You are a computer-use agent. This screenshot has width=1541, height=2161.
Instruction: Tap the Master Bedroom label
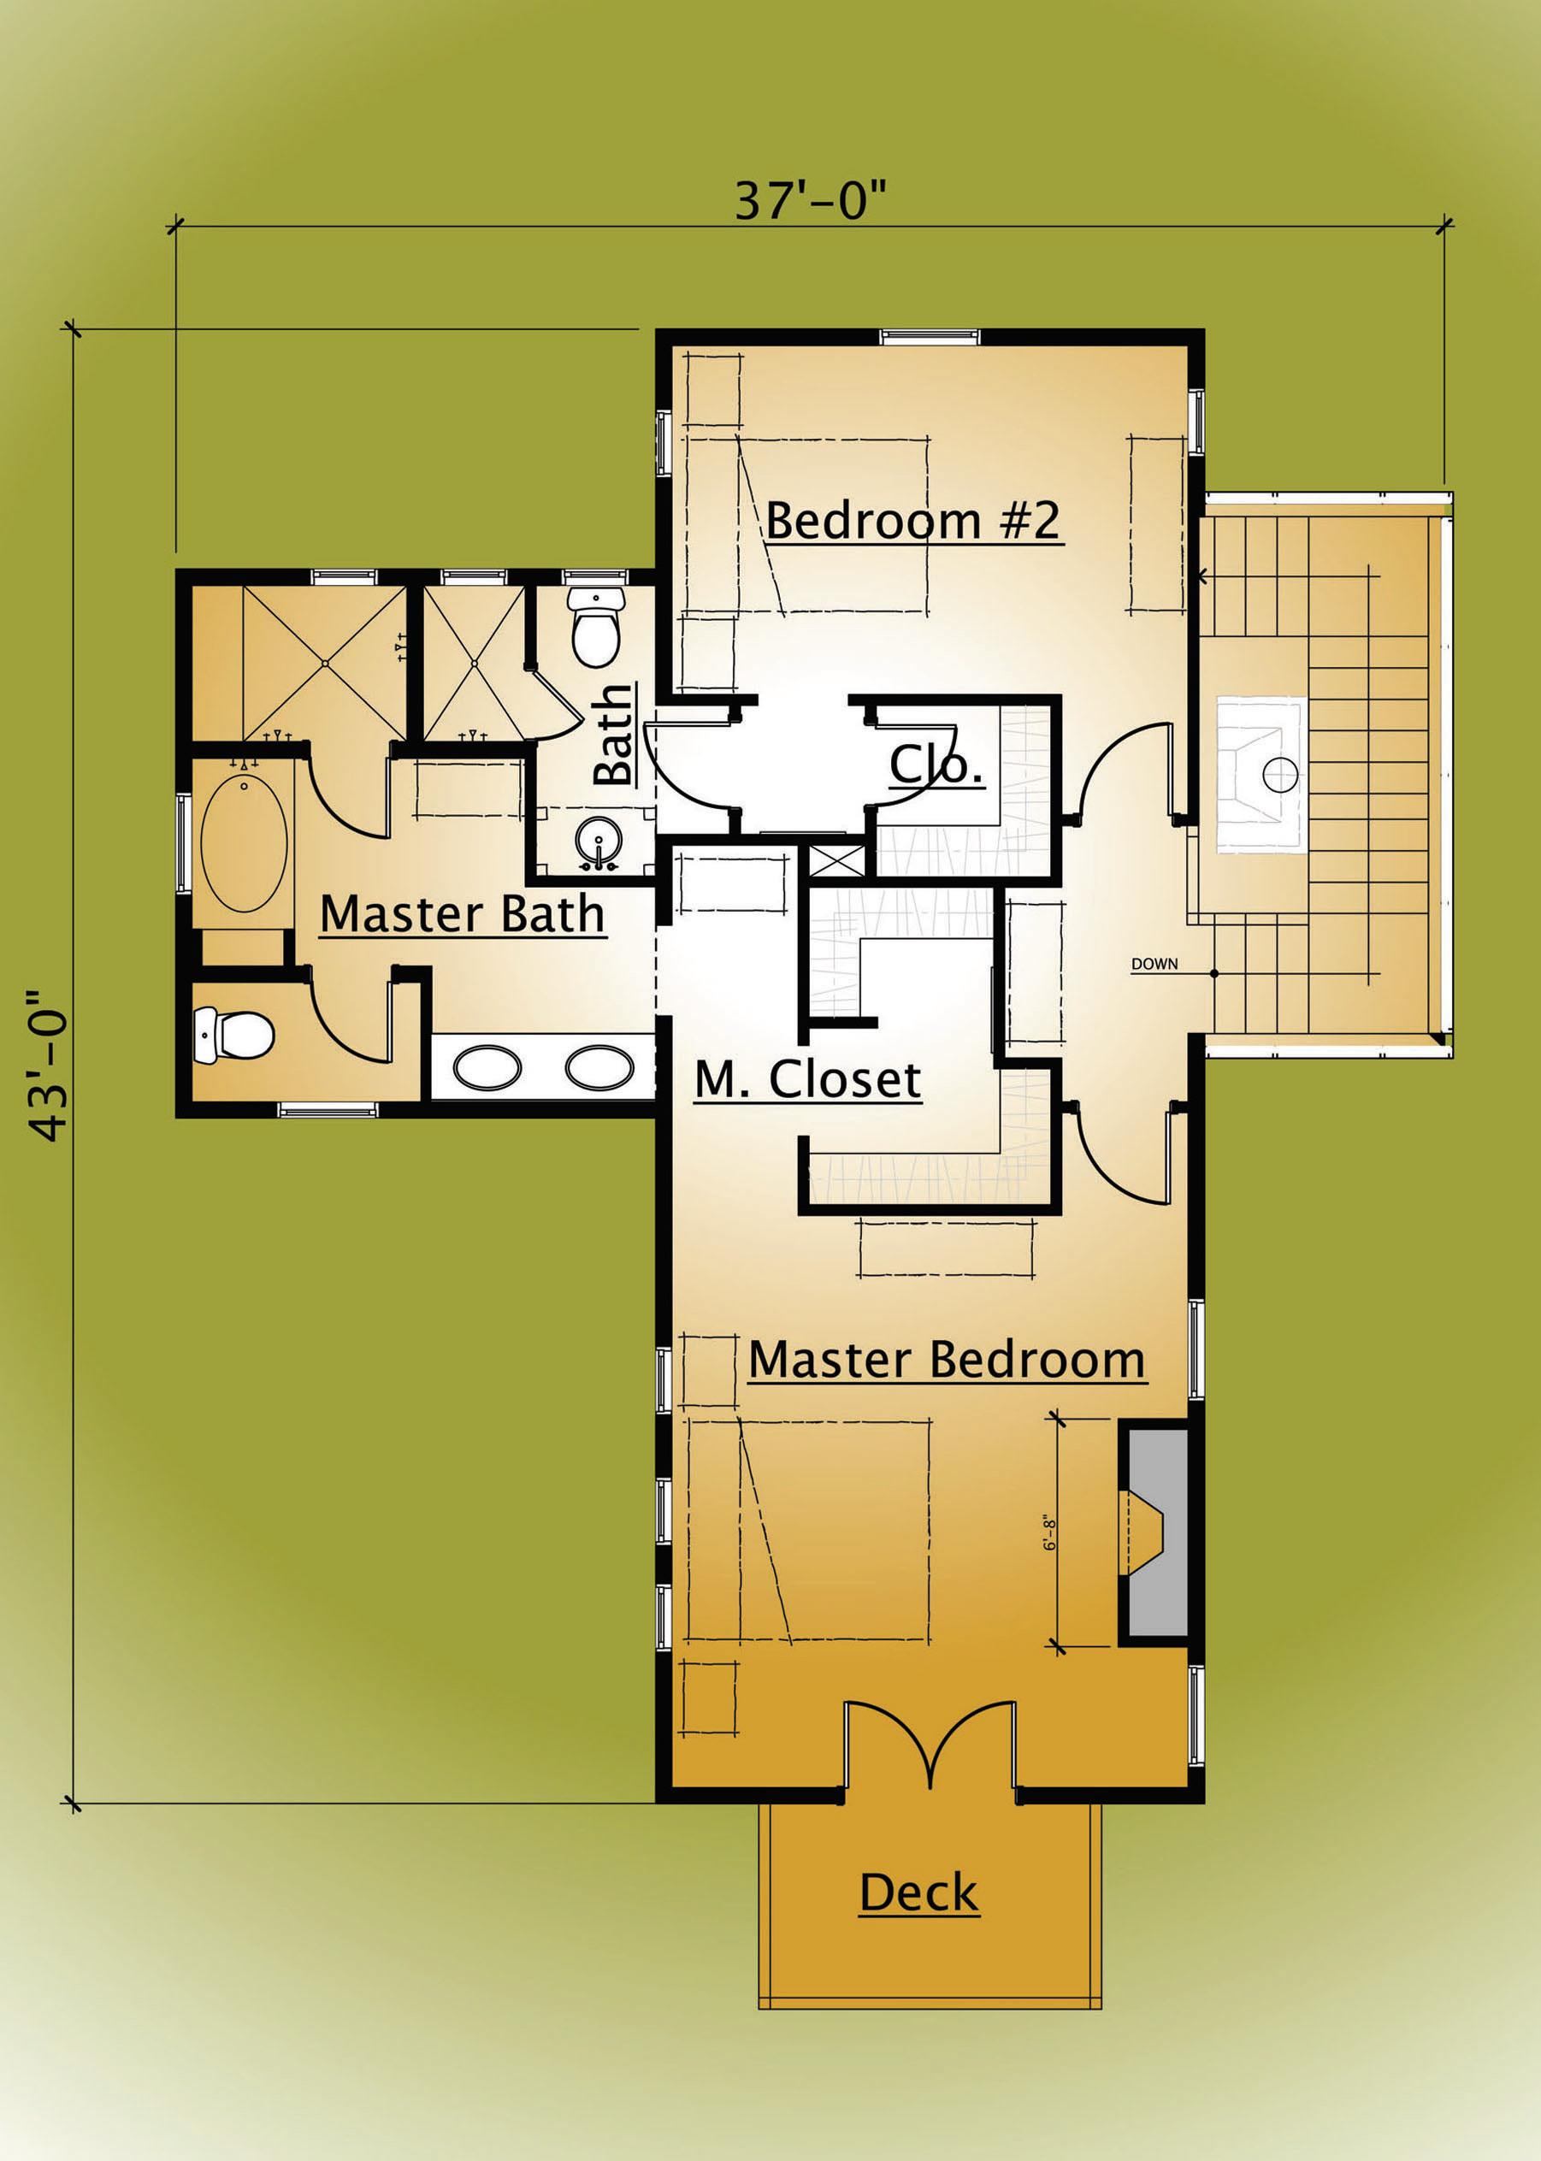click(947, 1360)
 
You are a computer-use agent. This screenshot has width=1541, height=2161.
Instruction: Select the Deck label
click(918, 1892)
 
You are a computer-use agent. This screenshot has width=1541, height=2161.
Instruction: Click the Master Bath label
click(462, 913)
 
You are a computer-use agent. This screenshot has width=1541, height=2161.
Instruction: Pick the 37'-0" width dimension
click(811, 201)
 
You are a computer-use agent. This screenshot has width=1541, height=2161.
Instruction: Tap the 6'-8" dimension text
click(1050, 1532)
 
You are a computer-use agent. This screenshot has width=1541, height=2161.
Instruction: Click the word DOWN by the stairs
click(1154, 964)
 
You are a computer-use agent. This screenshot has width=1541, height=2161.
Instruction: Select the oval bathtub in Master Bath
click(244, 844)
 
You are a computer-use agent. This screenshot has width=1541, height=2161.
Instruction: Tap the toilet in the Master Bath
click(233, 1035)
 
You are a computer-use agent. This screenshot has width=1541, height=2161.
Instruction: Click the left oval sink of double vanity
click(487, 1068)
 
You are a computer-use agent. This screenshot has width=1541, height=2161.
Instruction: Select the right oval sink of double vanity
click(599, 1068)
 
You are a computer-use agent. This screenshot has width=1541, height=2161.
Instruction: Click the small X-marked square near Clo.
click(834, 859)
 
